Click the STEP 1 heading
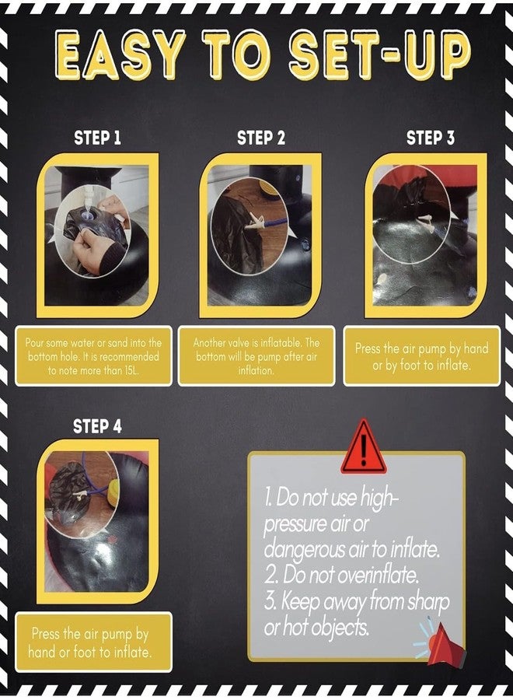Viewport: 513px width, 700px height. [98, 138]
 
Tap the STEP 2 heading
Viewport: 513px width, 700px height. [261, 138]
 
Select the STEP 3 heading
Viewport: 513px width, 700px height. [431, 138]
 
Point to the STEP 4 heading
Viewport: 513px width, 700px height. [97, 426]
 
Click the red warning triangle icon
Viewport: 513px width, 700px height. [364, 446]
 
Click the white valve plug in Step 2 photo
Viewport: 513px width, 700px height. [254, 220]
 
